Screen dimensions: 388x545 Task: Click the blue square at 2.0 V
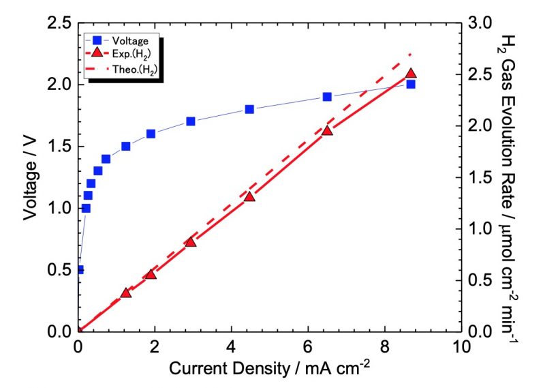tap(411, 84)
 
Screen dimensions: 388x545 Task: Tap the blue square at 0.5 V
tap(79, 269)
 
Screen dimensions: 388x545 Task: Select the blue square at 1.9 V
tap(327, 97)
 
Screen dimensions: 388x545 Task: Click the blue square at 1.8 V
tap(249, 109)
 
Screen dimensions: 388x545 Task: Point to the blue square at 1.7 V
tap(191, 121)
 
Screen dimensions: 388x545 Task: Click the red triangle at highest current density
tap(411, 74)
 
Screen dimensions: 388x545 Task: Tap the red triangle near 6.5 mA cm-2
tap(327, 130)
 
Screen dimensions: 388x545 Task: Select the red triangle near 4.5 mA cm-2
tap(249, 196)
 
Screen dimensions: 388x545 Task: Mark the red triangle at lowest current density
tap(126, 293)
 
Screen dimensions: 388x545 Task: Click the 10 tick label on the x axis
tap(462, 346)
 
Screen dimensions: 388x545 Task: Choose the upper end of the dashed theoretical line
tap(411, 54)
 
